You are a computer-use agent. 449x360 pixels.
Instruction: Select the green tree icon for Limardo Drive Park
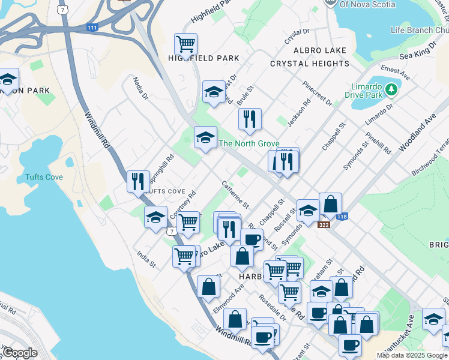pos(391,89)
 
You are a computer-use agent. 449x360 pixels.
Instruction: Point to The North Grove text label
pos(249,143)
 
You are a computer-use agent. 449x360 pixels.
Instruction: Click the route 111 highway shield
pos(92,28)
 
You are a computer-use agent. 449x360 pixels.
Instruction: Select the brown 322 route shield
pos(324,224)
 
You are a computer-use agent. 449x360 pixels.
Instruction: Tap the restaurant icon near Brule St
pos(249,119)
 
